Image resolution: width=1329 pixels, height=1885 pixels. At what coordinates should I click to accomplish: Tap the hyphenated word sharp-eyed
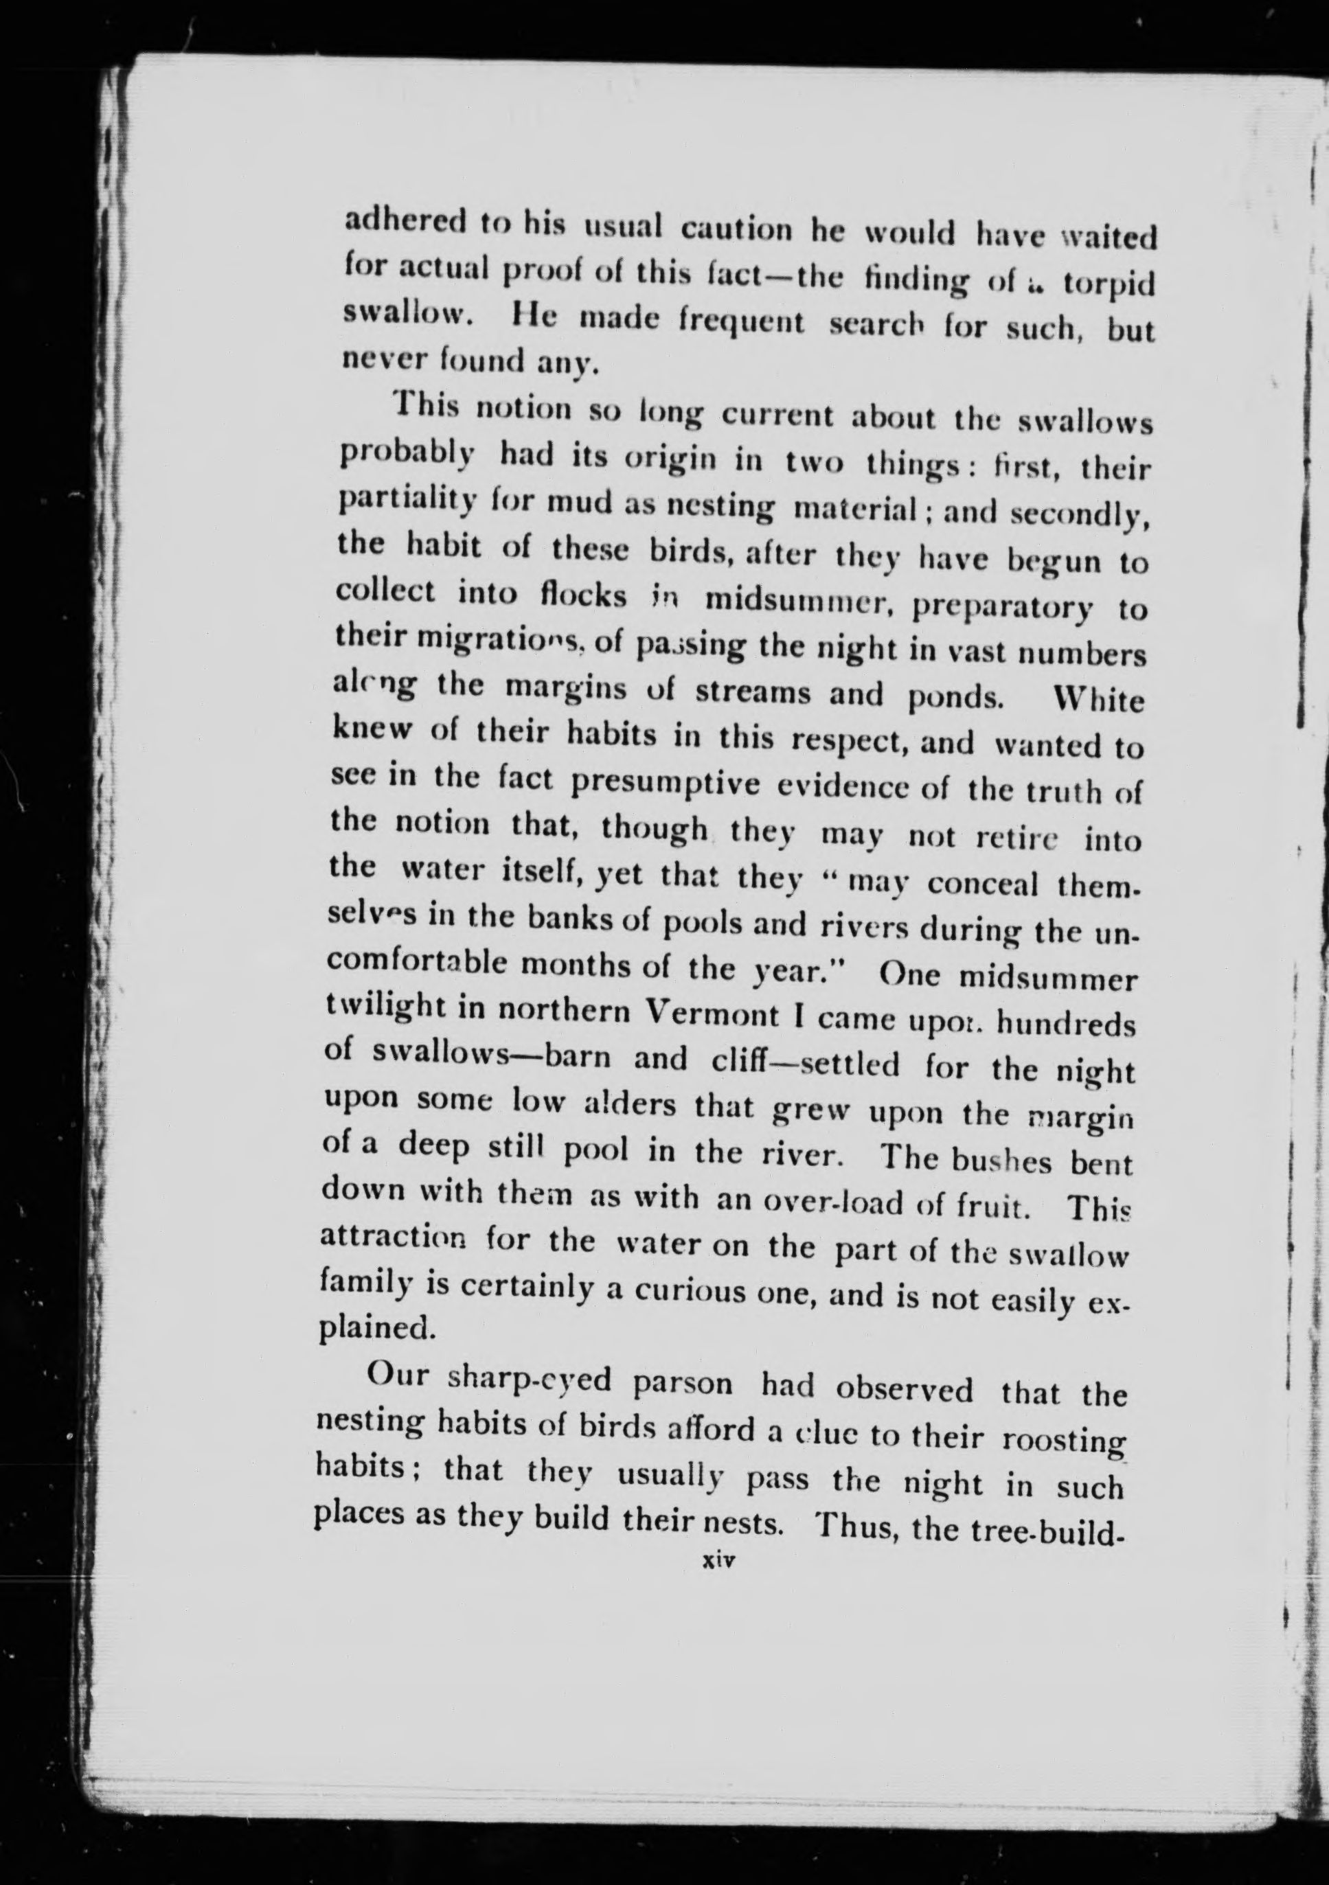tap(529, 1380)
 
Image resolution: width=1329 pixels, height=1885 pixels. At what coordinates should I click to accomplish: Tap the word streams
tap(752, 692)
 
